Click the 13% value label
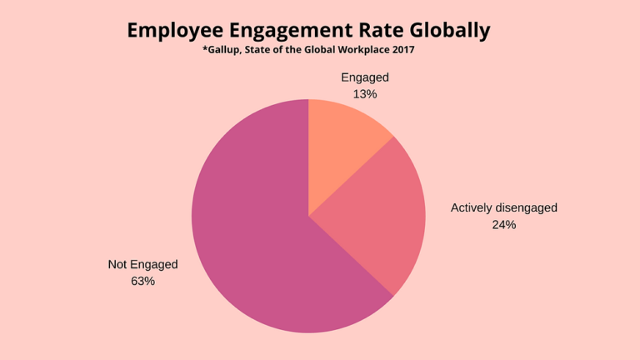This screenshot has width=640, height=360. click(x=365, y=94)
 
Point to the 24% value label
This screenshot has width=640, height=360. click(x=503, y=224)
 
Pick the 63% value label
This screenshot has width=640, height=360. click(x=142, y=281)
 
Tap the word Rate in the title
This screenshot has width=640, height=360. click(x=383, y=31)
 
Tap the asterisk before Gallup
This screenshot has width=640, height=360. click(x=204, y=49)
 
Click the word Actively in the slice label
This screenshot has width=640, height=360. click(x=472, y=207)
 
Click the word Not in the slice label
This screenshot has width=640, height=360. click(x=117, y=264)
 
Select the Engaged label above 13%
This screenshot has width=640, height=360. click(x=365, y=77)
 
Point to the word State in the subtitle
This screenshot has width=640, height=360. click(x=265, y=50)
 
